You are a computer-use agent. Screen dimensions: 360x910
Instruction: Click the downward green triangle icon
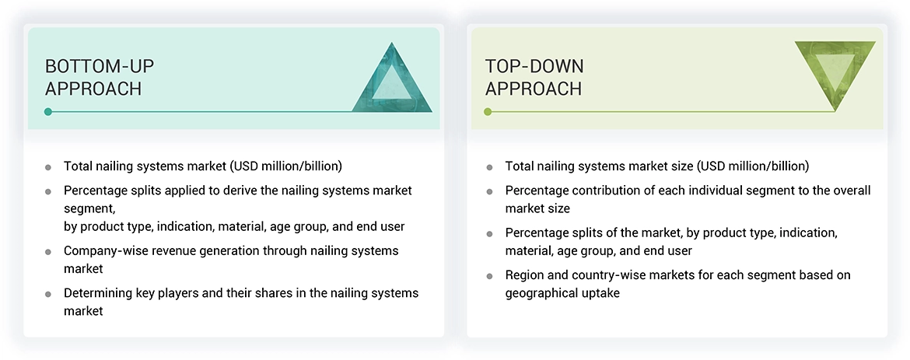(835, 72)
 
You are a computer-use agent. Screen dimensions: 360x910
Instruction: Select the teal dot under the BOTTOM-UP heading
(48, 112)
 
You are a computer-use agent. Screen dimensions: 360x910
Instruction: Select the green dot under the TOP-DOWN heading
(488, 112)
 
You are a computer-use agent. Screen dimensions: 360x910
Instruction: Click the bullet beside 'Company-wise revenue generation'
(48, 252)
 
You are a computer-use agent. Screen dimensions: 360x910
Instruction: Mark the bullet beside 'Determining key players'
(48, 294)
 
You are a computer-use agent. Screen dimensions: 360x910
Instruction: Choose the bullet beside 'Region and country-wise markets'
(489, 276)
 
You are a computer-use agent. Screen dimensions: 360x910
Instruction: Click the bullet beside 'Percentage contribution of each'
(489, 191)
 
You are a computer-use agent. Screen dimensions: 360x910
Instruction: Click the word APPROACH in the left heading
(93, 89)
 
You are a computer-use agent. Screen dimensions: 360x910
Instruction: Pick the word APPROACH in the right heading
(534, 89)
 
